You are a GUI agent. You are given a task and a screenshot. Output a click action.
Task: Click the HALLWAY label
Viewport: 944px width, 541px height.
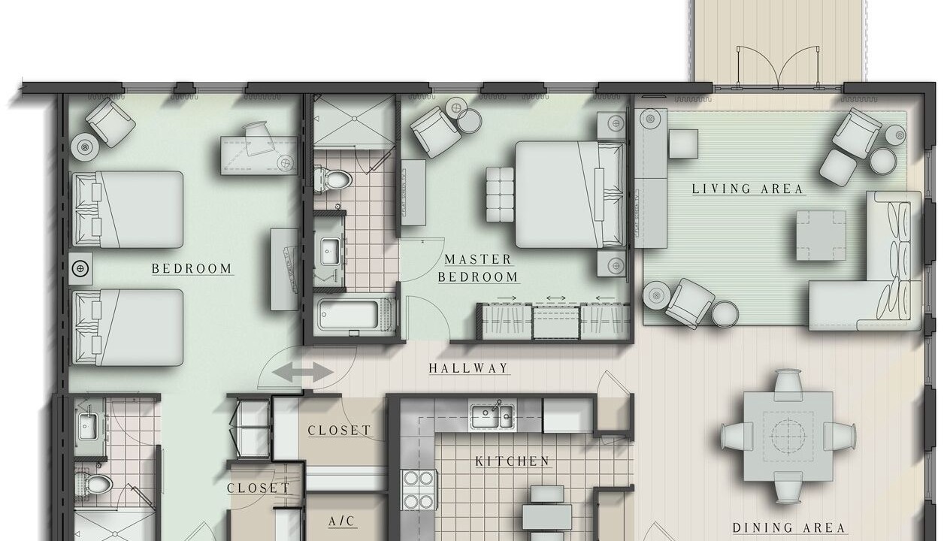tap(468, 368)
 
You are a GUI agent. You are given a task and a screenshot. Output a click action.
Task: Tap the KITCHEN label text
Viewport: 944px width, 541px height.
tap(513, 461)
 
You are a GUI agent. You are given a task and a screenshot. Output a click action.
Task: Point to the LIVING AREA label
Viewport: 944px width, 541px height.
tap(748, 189)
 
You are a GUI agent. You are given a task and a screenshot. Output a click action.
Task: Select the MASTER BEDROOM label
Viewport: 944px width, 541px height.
tap(478, 268)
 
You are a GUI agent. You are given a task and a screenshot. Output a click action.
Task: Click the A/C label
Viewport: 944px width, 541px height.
tap(341, 521)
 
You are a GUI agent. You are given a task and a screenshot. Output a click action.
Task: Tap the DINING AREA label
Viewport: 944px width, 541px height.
tap(789, 528)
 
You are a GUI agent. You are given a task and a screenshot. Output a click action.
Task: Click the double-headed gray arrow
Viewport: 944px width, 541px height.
tap(303, 373)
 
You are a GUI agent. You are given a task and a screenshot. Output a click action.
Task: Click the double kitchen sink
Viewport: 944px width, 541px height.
tap(492, 416)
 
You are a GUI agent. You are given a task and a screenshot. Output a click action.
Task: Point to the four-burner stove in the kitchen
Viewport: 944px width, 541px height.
tap(418, 490)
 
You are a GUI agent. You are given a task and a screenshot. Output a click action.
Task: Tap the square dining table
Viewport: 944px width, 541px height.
tap(788, 437)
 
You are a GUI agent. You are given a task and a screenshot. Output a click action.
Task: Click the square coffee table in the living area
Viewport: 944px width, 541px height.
tap(821, 235)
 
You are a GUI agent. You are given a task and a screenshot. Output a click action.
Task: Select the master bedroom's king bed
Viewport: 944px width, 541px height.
tap(570, 195)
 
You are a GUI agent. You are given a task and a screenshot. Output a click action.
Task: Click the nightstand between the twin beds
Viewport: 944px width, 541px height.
tap(80, 268)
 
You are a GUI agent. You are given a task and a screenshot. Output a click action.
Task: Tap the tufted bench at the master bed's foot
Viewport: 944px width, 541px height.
tap(500, 195)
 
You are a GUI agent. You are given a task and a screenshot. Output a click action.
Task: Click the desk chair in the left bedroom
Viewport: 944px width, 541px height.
tap(258, 138)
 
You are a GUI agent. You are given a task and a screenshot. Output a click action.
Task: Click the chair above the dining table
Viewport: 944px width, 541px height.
tap(788, 384)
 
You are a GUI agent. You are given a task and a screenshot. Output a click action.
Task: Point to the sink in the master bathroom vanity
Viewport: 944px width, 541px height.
tap(331, 252)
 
